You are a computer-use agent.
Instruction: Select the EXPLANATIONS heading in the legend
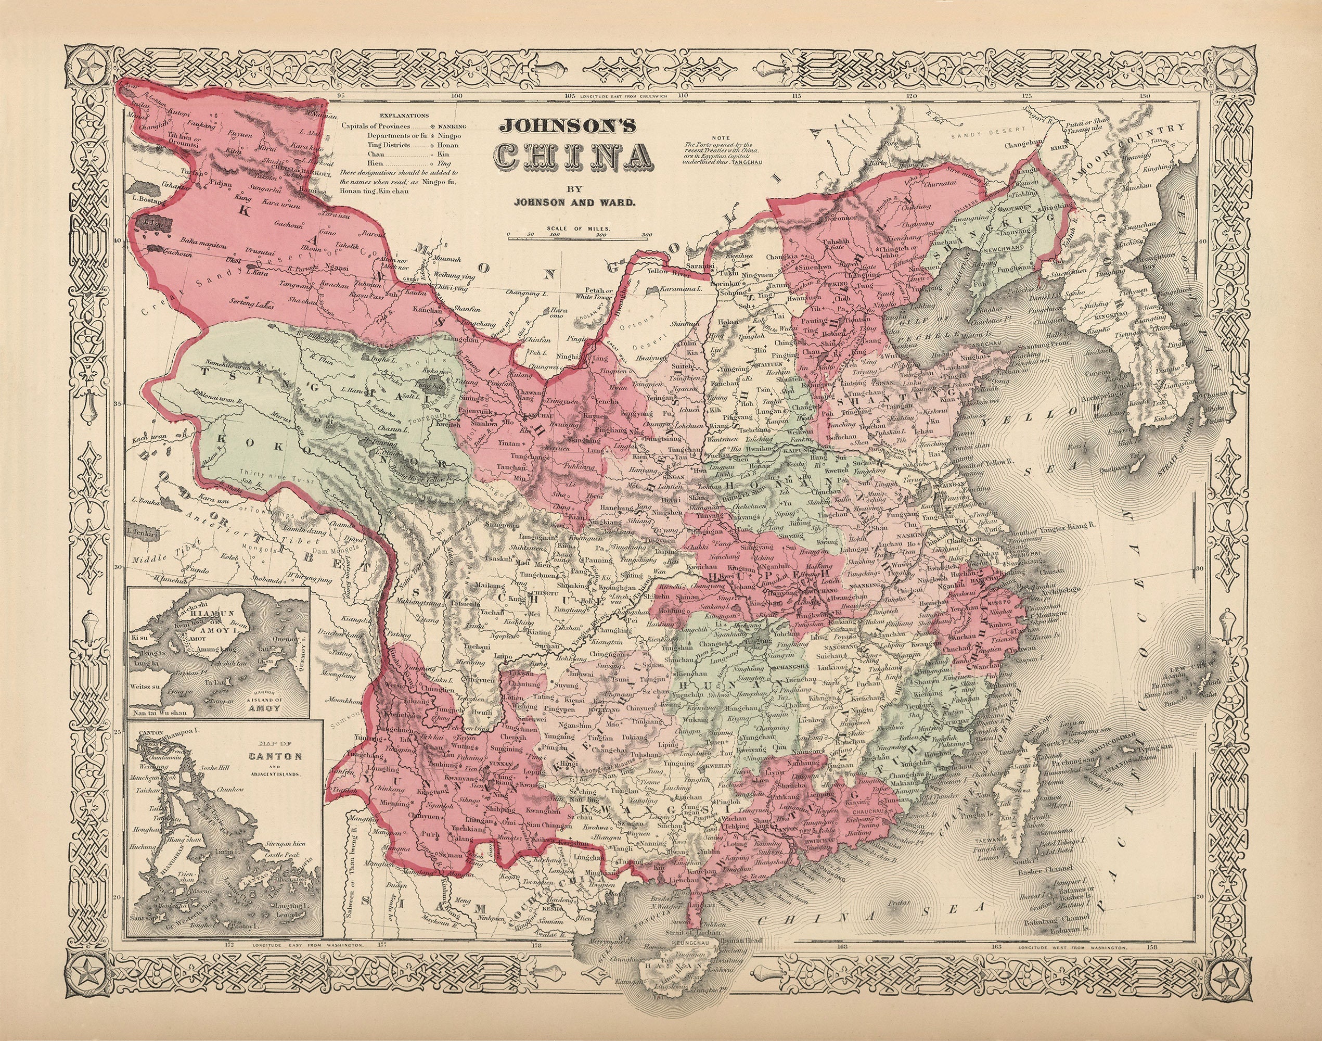pos(404,115)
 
